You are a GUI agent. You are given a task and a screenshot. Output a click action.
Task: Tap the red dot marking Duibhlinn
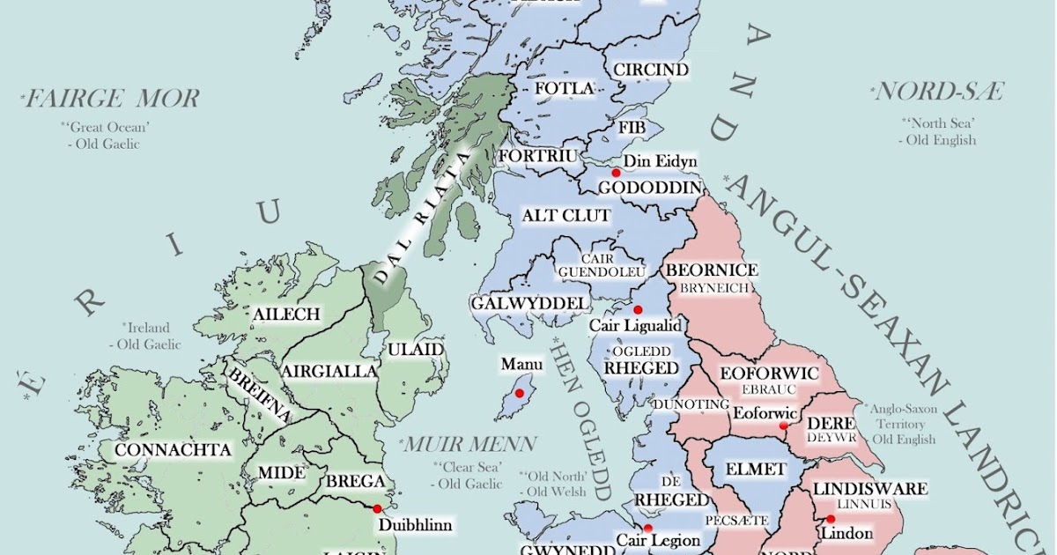(x=377, y=508)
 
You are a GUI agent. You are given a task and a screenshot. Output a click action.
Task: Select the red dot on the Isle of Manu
(x=520, y=392)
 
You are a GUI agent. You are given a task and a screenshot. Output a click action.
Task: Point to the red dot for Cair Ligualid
(x=638, y=309)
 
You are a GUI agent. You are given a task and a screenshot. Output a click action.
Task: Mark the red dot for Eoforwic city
(x=783, y=425)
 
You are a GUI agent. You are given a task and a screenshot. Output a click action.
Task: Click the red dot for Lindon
(x=830, y=518)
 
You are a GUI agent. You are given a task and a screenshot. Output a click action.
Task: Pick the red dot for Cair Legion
(x=647, y=528)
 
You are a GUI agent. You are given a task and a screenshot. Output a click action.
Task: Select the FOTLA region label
(x=565, y=88)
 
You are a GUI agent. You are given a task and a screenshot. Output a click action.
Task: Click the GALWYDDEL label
(x=528, y=303)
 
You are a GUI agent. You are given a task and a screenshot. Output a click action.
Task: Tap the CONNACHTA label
(x=174, y=450)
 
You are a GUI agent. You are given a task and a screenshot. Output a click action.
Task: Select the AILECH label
(x=286, y=314)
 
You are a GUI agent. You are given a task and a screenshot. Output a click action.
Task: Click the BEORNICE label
(x=713, y=270)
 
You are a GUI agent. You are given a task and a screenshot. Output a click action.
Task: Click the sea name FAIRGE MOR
(x=112, y=98)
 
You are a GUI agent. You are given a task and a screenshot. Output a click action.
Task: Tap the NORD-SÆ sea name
(x=938, y=91)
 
